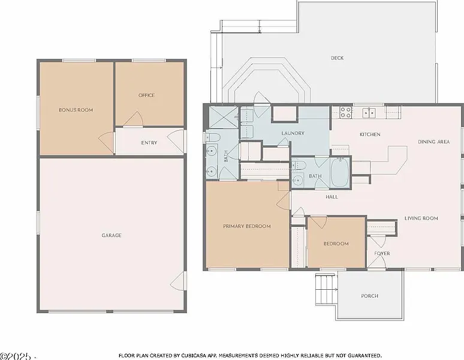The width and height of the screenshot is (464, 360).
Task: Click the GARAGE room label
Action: click(112, 235)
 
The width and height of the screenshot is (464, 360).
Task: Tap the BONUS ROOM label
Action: click(76, 110)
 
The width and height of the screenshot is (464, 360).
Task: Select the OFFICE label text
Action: click(146, 95)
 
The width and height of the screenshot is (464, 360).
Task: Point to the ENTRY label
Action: click(149, 143)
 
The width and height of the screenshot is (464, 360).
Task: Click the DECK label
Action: click(337, 58)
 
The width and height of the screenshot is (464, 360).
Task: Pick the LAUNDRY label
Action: click(293, 133)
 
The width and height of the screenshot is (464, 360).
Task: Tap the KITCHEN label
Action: click(370, 134)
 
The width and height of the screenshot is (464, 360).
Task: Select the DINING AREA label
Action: click(434, 142)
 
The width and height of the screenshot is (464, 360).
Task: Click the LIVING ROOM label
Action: click(421, 218)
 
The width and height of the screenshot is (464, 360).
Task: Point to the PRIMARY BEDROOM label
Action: click(247, 226)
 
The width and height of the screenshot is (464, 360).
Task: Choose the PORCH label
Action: click(370, 296)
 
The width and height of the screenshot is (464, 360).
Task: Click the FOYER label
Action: click(382, 253)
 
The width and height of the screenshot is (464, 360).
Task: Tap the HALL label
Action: click(332, 197)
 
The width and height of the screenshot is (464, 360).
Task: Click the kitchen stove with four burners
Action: click(345, 112)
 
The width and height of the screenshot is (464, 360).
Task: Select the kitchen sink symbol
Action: click(369, 113)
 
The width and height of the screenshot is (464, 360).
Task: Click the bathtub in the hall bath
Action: click(340, 173)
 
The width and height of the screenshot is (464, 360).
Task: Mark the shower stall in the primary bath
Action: click(223, 117)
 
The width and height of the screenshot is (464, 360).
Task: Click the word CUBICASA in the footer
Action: click(194, 355)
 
